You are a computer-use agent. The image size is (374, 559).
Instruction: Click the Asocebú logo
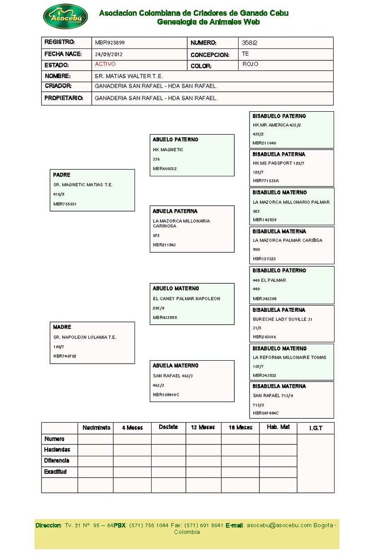[x=65, y=17]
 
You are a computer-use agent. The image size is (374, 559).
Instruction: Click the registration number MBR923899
[x=110, y=43]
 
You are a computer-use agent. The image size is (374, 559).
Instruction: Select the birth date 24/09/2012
[x=108, y=54]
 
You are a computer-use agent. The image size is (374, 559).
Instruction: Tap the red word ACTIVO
[x=105, y=64]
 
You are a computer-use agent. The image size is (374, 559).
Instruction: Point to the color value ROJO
[x=250, y=64]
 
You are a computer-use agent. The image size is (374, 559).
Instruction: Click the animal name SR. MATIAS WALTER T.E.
[x=129, y=76]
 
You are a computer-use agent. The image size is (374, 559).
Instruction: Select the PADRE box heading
[x=62, y=175]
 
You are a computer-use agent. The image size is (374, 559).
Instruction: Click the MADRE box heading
[x=62, y=327]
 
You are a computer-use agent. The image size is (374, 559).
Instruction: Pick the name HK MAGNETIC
[x=168, y=150]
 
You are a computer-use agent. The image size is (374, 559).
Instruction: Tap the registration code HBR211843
[x=164, y=245]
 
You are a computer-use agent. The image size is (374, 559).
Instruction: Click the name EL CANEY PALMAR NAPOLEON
[x=186, y=299]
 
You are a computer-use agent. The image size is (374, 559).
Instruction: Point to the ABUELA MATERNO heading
[x=175, y=366]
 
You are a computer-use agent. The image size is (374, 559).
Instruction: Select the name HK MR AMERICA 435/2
[x=277, y=125]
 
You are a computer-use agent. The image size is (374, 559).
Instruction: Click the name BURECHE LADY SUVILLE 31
[x=283, y=319]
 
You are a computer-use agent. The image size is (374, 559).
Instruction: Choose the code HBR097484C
[x=266, y=413]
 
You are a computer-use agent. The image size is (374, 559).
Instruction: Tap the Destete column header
[x=168, y=427]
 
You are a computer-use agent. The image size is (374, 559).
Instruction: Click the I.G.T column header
[x=316, y=428]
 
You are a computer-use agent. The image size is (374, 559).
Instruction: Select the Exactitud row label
[x=55, y=472]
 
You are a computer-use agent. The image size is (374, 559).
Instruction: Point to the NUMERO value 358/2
[x=249, y=43]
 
